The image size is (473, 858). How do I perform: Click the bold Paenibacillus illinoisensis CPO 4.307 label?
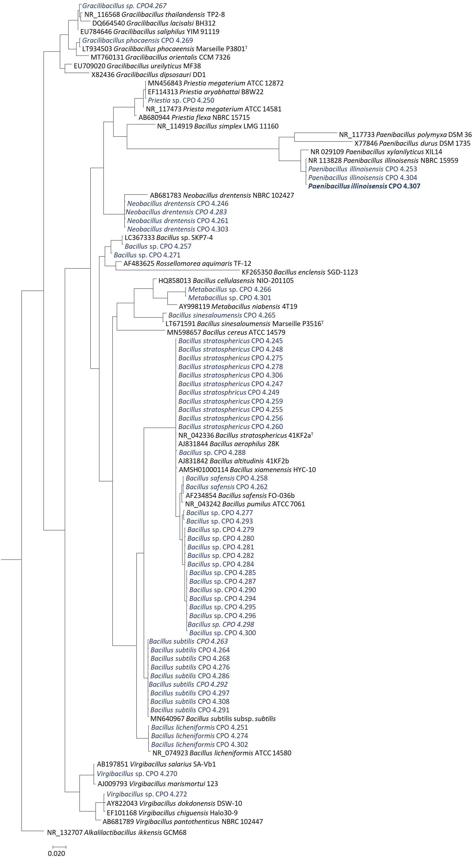tap(364, 186)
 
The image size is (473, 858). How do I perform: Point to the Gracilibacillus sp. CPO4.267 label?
tap(124, 6)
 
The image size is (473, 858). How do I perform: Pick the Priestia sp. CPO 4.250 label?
tap(181, 100)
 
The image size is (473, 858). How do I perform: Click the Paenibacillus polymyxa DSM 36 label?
tap(405, 135)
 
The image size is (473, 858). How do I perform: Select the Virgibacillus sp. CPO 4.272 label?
tap(147, 794)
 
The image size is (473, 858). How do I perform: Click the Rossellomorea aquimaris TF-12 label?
tap(187, 264)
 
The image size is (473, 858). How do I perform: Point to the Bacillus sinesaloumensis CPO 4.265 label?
tap(222, 315)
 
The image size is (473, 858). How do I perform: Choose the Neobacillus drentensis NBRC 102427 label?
tap(222, 195)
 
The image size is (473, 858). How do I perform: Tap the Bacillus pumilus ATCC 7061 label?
tap(245, 504)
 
